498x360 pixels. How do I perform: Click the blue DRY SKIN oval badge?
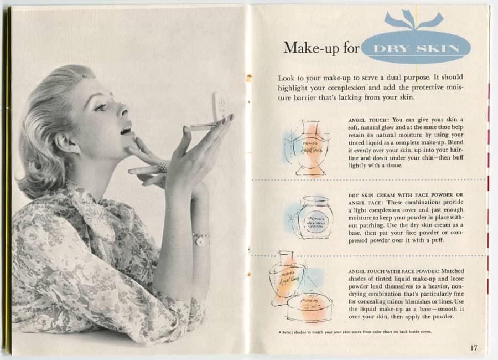pos(416,48)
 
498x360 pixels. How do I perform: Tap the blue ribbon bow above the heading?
pos(414,20)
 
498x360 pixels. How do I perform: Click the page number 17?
pos(474,347)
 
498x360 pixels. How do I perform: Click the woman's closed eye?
pos(101,107)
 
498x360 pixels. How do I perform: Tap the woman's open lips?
pos(126,131)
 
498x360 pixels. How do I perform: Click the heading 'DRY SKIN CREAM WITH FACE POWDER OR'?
pos(406,195)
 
